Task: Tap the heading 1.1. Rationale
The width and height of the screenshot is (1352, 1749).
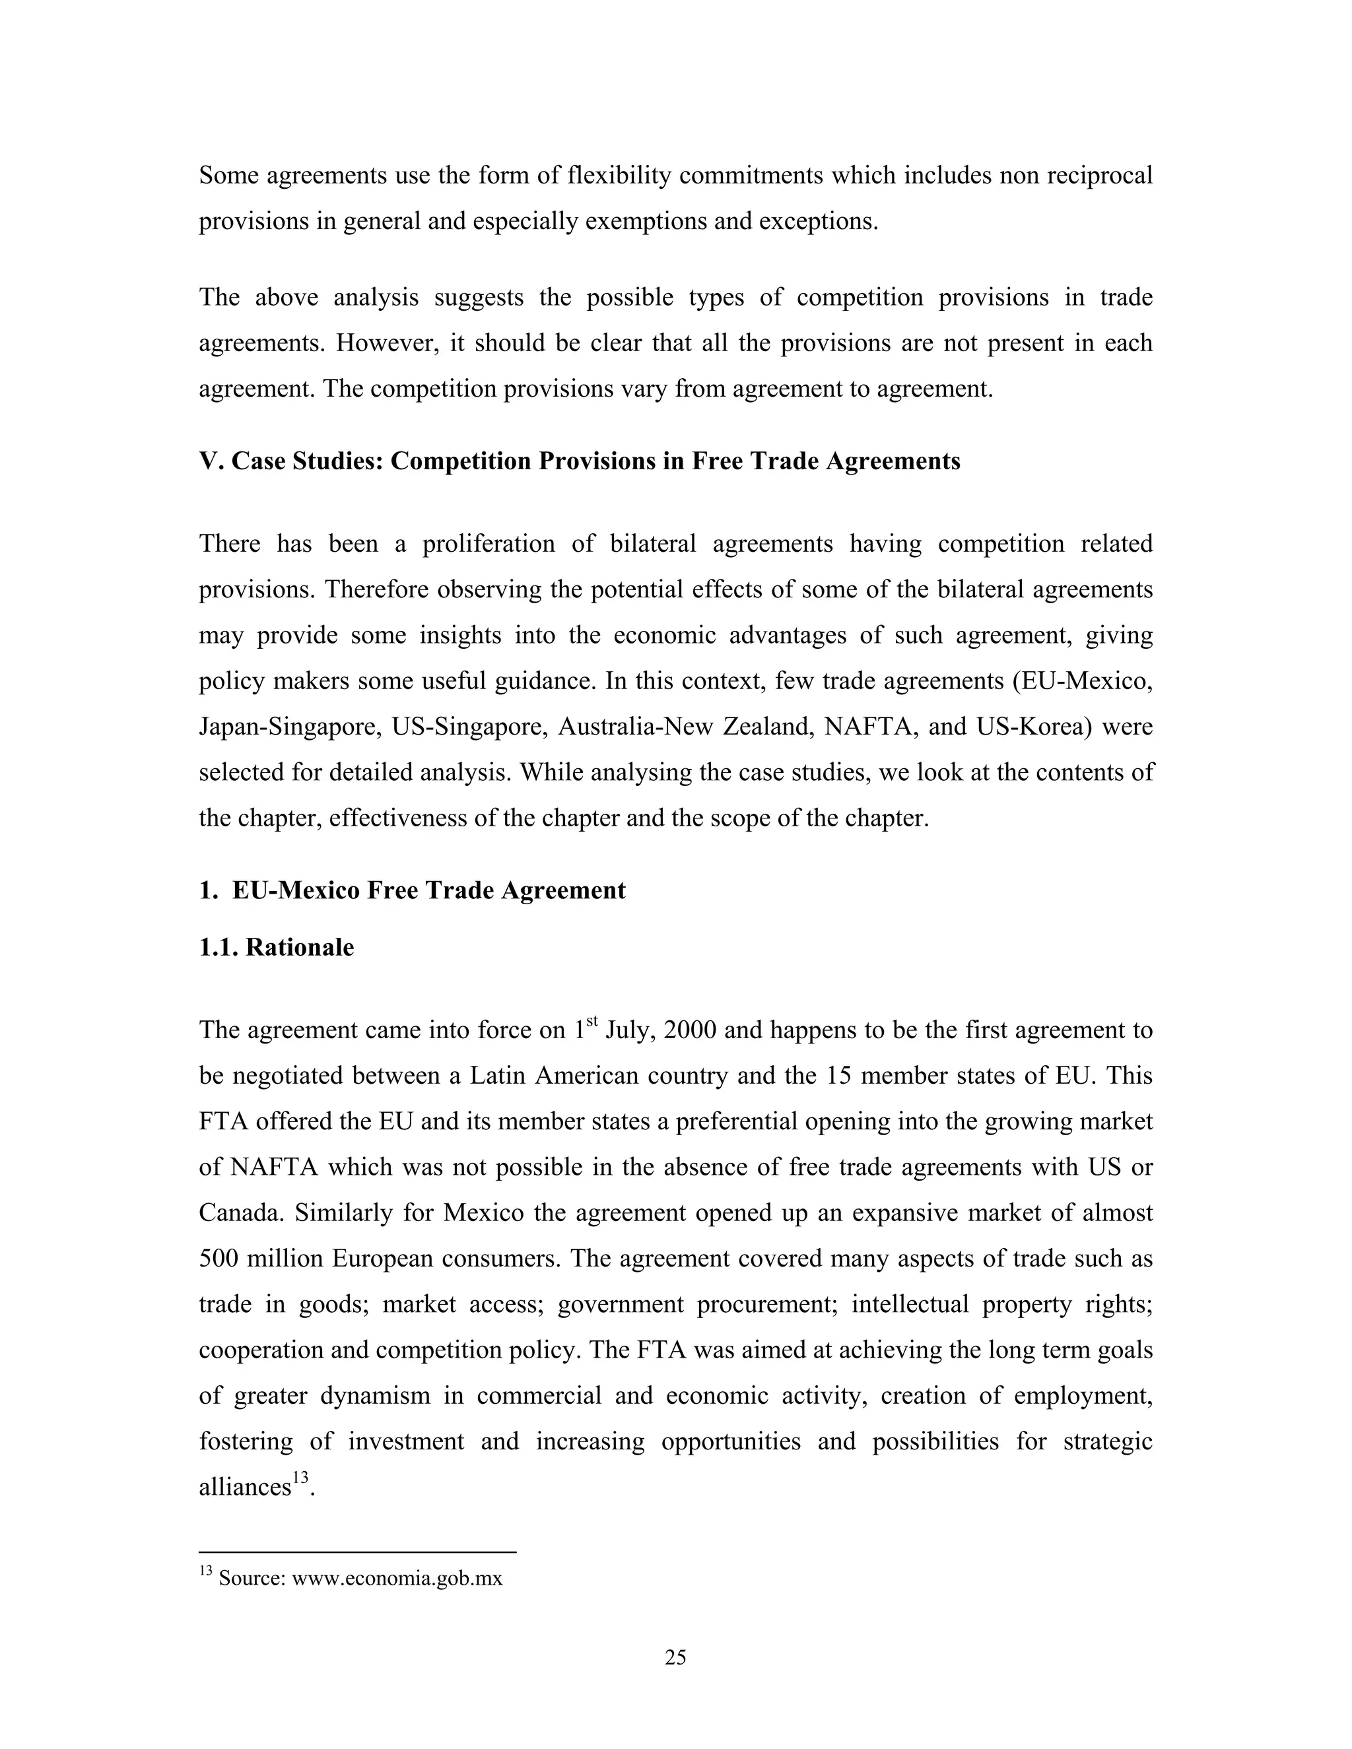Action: [x=277, y=947]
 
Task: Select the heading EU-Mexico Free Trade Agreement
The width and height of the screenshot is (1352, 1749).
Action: [x=428, y=890]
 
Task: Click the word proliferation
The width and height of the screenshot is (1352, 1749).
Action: [x=489, y=544]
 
